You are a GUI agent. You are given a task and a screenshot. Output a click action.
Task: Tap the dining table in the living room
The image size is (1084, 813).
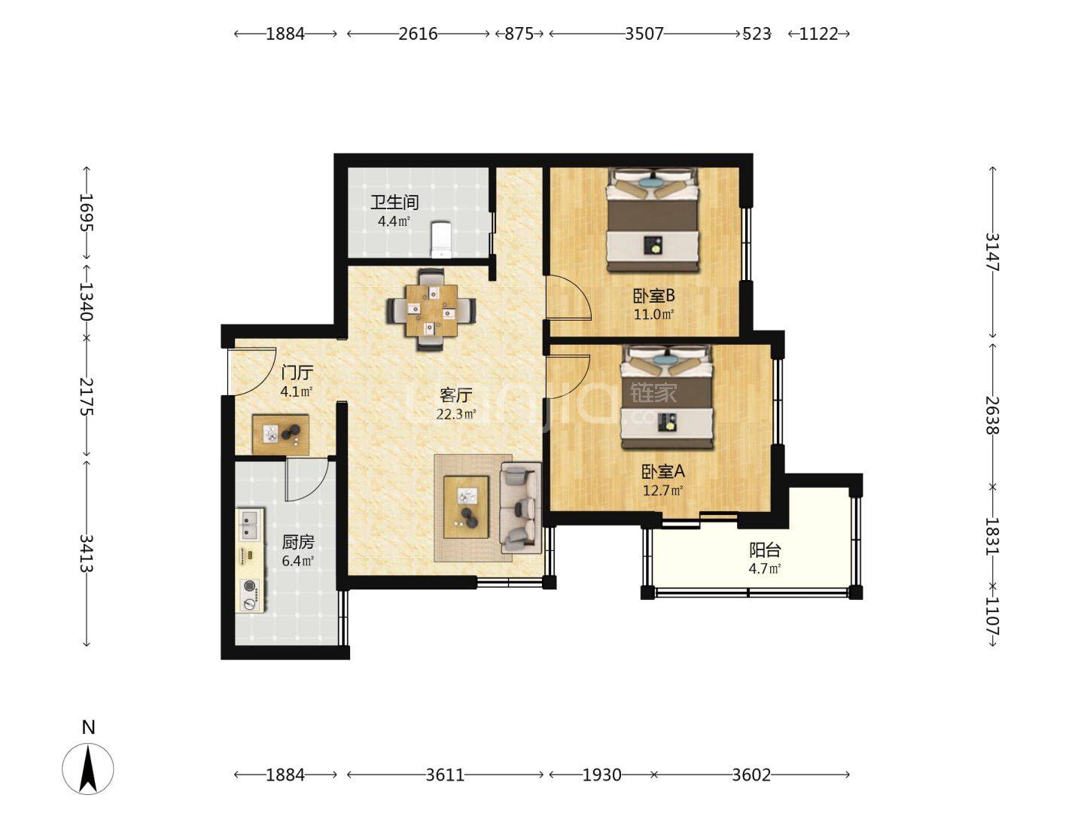point(431,310)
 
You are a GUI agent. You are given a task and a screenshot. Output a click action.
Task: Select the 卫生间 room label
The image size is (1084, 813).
point(394,202)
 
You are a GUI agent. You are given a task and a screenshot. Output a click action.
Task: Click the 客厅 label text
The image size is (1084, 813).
point(456,395)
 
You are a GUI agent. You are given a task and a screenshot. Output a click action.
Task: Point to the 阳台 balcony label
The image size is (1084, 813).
point(765,550)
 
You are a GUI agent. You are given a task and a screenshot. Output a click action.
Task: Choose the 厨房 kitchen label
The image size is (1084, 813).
point(298,542)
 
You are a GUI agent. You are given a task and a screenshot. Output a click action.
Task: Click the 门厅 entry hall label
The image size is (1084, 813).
point(297,372)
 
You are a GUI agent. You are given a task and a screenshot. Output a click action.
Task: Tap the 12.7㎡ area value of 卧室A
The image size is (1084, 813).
point(662,490)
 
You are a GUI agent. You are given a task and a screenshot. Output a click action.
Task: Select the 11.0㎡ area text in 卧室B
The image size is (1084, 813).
point(654,314)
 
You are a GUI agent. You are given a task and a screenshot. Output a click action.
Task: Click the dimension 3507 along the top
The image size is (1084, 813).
point(644,34)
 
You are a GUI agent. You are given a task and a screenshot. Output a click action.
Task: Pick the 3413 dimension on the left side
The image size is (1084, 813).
point(87,553)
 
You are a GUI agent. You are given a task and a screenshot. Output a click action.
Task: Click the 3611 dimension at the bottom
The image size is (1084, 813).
point(445,775)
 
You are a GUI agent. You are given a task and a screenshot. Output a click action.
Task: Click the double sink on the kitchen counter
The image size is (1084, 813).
point(249,525)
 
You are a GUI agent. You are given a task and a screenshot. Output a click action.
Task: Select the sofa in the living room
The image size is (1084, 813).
point(520,507)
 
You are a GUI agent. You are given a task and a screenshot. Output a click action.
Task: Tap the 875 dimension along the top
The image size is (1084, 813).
point(519,34)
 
